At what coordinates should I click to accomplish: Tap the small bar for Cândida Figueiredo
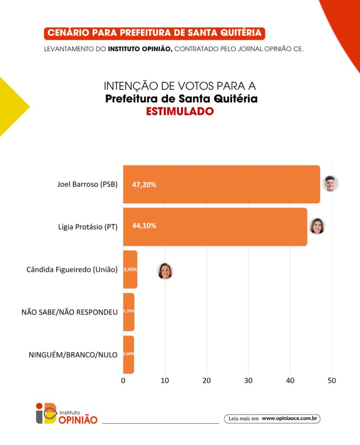pos(130,269)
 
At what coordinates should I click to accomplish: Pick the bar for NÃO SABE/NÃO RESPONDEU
pos(129,312)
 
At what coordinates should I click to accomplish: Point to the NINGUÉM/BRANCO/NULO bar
pos(129,355)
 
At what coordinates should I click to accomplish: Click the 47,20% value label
pos(144,185)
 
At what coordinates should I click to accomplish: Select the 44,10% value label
pos(144,226)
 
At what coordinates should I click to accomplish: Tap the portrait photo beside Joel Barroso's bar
pos(330,183)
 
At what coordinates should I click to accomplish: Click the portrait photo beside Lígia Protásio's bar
pos(317,226)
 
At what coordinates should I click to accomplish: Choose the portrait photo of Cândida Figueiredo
pos(165,271)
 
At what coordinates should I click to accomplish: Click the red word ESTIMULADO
pos(180,111)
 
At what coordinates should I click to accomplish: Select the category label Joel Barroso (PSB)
pos(87,184)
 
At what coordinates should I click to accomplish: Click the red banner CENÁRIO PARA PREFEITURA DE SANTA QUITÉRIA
pos(154,33)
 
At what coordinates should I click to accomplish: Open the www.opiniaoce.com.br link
pos(290,418)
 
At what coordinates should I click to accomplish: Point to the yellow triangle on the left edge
pos(11,106)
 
